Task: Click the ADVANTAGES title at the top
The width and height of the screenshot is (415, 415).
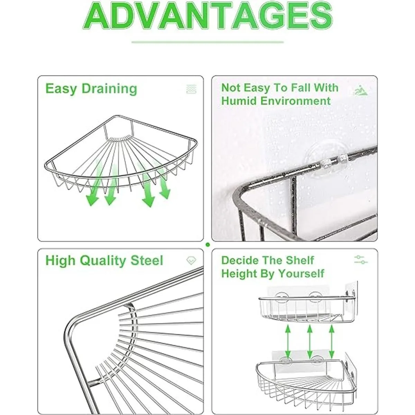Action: pos(208,16)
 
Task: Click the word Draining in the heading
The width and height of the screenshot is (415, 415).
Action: pos(110,89)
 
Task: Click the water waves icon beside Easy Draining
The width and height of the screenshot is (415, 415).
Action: pos(192,89)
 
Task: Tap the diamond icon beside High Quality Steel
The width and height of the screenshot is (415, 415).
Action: pos(191,261)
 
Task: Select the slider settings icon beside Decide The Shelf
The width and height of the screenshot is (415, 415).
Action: pos(361,260)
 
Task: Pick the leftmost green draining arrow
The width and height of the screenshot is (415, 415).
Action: pos(95,183)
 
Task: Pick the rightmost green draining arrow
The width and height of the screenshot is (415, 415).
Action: pos(163,181)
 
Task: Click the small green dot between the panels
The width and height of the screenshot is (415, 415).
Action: pos(207,245)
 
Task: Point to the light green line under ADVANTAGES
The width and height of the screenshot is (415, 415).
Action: pos(207,42)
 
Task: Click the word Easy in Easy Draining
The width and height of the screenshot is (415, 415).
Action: pos(61,89)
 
